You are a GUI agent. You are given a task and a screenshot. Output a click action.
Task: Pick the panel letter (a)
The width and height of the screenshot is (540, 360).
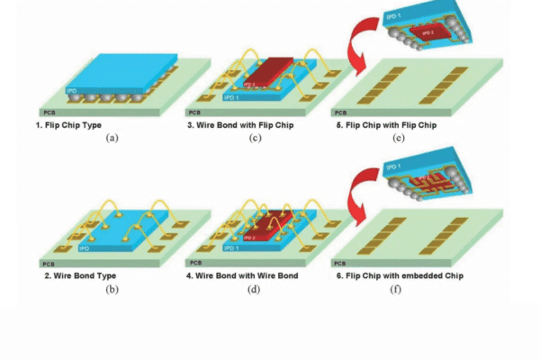coord(112,138)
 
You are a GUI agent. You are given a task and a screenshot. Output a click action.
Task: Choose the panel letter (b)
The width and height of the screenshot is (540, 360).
coord(112,288)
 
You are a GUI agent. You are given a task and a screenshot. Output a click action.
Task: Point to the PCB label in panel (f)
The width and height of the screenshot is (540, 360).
coord(340,261)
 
